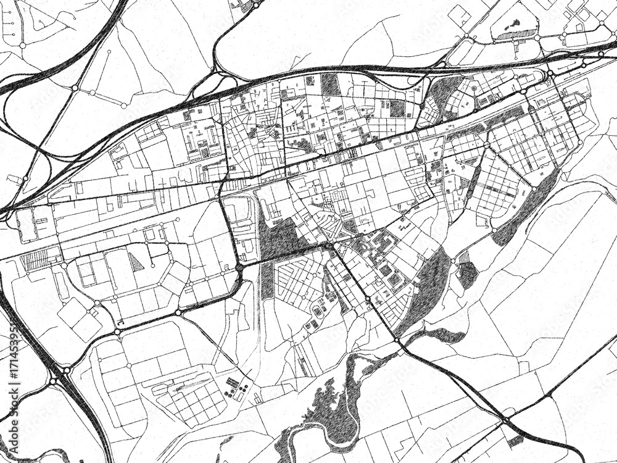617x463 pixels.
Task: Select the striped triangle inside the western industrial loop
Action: pos(136,262)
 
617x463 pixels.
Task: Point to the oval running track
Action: pos(317,309)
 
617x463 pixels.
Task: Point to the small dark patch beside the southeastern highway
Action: pos(514,441)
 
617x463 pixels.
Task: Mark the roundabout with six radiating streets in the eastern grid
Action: pos(486,146)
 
